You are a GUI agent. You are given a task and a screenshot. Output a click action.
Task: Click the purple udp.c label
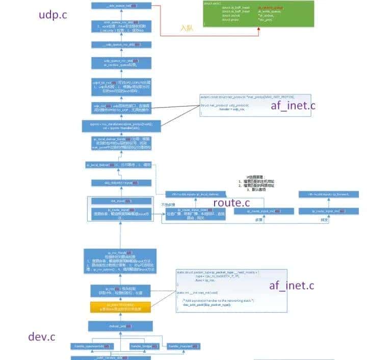(53, 15)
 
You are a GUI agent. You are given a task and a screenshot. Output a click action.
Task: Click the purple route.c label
(231, 202)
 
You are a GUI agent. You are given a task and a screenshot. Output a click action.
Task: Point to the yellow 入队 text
(187, 29)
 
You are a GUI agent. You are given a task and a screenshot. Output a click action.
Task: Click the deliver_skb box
(121, 326)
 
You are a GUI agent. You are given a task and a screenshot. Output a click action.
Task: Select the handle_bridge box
(142, 346)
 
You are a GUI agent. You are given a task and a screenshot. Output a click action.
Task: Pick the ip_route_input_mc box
(264, 211)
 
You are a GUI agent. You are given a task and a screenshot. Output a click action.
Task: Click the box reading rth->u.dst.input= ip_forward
(328, 194)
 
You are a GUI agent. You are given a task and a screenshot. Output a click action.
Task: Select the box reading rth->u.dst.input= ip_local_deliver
(196, 194)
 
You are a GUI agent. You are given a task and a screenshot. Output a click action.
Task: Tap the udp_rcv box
(121, 108)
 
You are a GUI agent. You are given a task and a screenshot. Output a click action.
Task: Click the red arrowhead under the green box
(259, 28)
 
